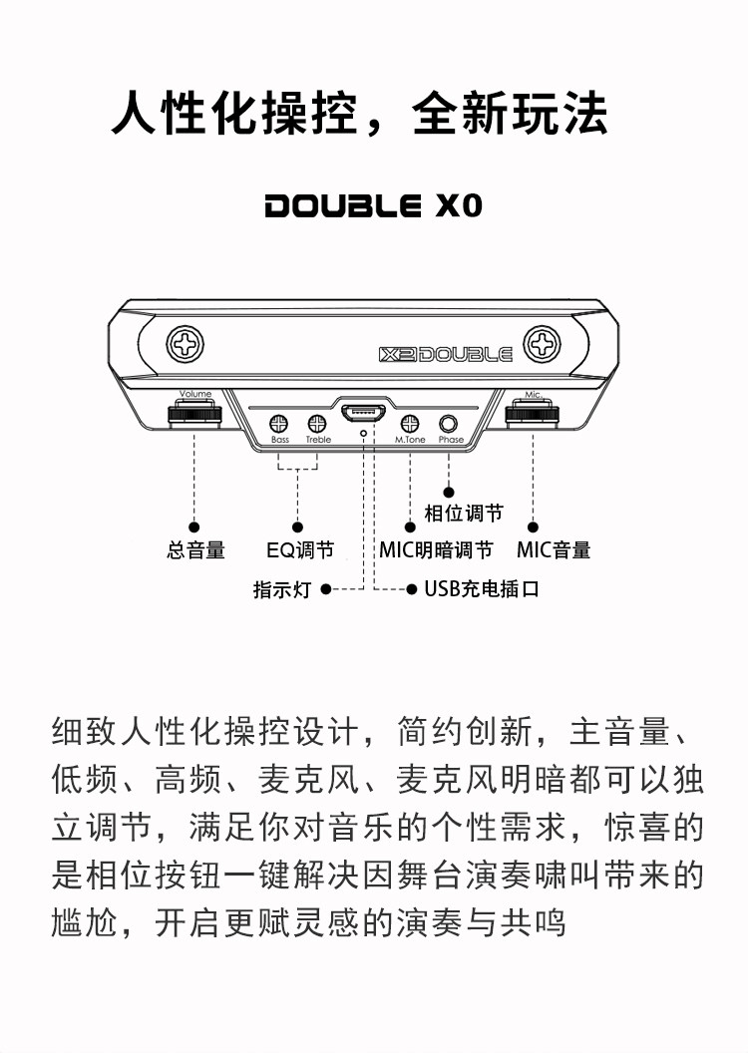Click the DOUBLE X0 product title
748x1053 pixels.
[x=373, y=206]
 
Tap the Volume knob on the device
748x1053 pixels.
[x=194, y=414]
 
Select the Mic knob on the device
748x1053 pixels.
[x=533, y=414]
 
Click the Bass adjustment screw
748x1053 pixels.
[x=280, y=423]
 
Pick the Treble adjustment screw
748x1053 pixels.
[x=317, y=423]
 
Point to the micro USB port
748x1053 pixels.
[x=363, y=411]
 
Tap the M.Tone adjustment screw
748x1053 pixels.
[x=410, y=423]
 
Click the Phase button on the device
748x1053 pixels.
[x=450, y=424]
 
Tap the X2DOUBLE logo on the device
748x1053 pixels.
[x=446, y=354]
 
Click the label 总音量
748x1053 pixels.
[x=195, y=550]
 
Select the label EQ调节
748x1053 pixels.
[x=299, y=550]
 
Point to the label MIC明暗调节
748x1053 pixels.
[x=436, y=550]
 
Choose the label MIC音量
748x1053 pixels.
[x=554, y=550]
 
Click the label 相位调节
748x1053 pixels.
[x=464, y=514]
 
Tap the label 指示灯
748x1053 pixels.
[x=282, y=589]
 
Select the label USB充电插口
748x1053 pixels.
[x=482, y=589]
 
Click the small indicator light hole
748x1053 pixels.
[x=363, y=434]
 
